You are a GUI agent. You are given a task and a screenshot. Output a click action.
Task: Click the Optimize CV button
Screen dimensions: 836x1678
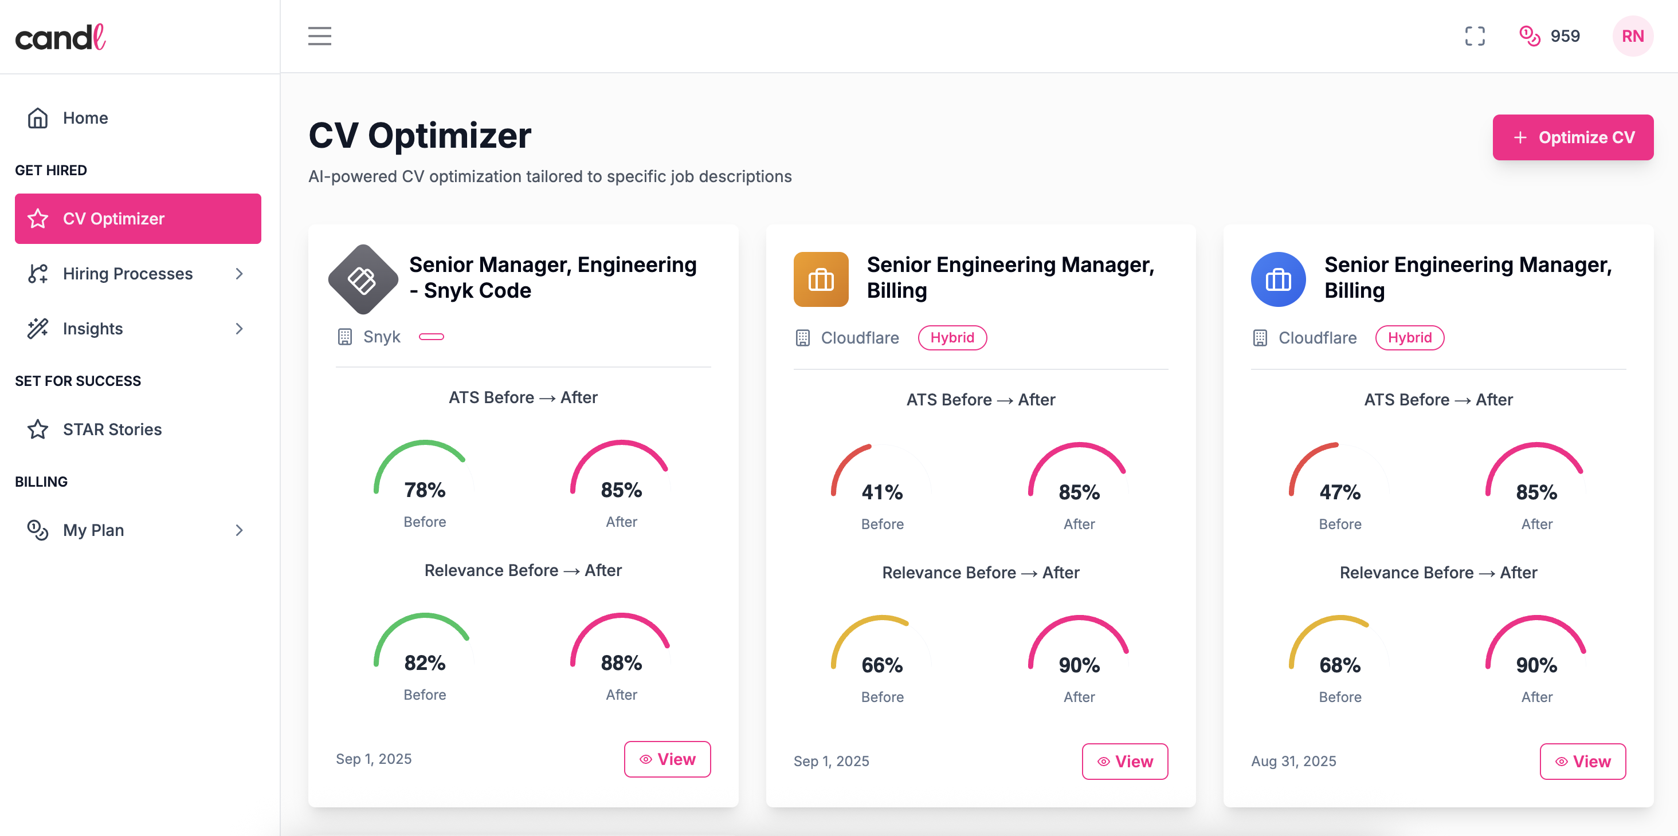[x=1572, y=137]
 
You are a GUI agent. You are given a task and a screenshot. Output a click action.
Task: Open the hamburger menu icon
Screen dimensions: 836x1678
[x=319, y=36]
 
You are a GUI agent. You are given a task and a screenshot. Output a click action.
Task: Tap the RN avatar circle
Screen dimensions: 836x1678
[x=1632, y=36]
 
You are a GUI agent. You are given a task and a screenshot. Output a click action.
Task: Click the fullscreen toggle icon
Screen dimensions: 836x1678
[x=1474, y=36]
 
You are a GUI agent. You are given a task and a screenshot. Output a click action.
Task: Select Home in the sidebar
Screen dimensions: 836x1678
[x=85, y=118]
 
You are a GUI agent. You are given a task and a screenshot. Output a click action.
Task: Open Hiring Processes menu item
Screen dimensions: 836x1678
[x=128, y=274]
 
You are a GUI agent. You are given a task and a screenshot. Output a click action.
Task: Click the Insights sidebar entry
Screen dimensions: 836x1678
[x=92, y=329]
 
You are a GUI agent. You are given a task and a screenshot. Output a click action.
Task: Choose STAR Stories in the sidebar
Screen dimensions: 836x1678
[x=112, y=429]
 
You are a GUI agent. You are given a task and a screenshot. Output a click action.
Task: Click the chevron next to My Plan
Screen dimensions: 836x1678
[x=239, y=530]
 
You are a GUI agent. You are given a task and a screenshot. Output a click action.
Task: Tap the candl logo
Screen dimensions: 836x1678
[x=61, y=38]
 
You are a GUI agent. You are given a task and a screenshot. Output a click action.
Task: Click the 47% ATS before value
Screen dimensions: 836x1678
[x=1339, y=492]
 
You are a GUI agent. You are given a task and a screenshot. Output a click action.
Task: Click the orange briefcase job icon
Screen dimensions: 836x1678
[x=820, y=279]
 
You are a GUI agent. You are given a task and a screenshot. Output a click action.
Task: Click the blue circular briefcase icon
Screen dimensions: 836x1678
[x=1277, y=279]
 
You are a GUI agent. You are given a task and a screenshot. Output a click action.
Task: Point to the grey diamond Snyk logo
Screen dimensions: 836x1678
[x=363, y=279]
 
